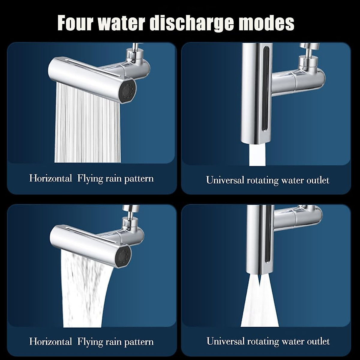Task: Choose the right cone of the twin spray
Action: (x=268, y=303)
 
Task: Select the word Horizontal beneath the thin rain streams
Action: (x=50, y=178)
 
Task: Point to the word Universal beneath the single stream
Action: (x=225, y=180)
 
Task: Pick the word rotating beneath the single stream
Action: (x=262, y=180)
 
